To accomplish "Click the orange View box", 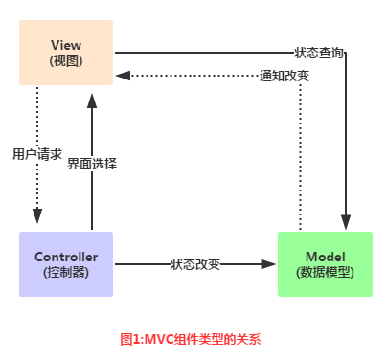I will pos(65,52).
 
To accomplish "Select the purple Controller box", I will pos(65,263).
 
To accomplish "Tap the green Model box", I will pos(326,263).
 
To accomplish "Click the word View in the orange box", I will pos(65,44).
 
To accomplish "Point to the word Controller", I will pos(65,257).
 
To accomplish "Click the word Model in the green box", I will pos(326,257).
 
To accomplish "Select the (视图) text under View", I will pos(65,60).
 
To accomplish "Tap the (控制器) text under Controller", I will pos(65,272).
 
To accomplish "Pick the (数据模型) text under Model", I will pos(326,272).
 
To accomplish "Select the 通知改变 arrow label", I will pos(285,75).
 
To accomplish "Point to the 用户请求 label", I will pos(37,153).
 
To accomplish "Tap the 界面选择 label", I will pos(92,164).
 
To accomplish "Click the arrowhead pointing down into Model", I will pos(346,224).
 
